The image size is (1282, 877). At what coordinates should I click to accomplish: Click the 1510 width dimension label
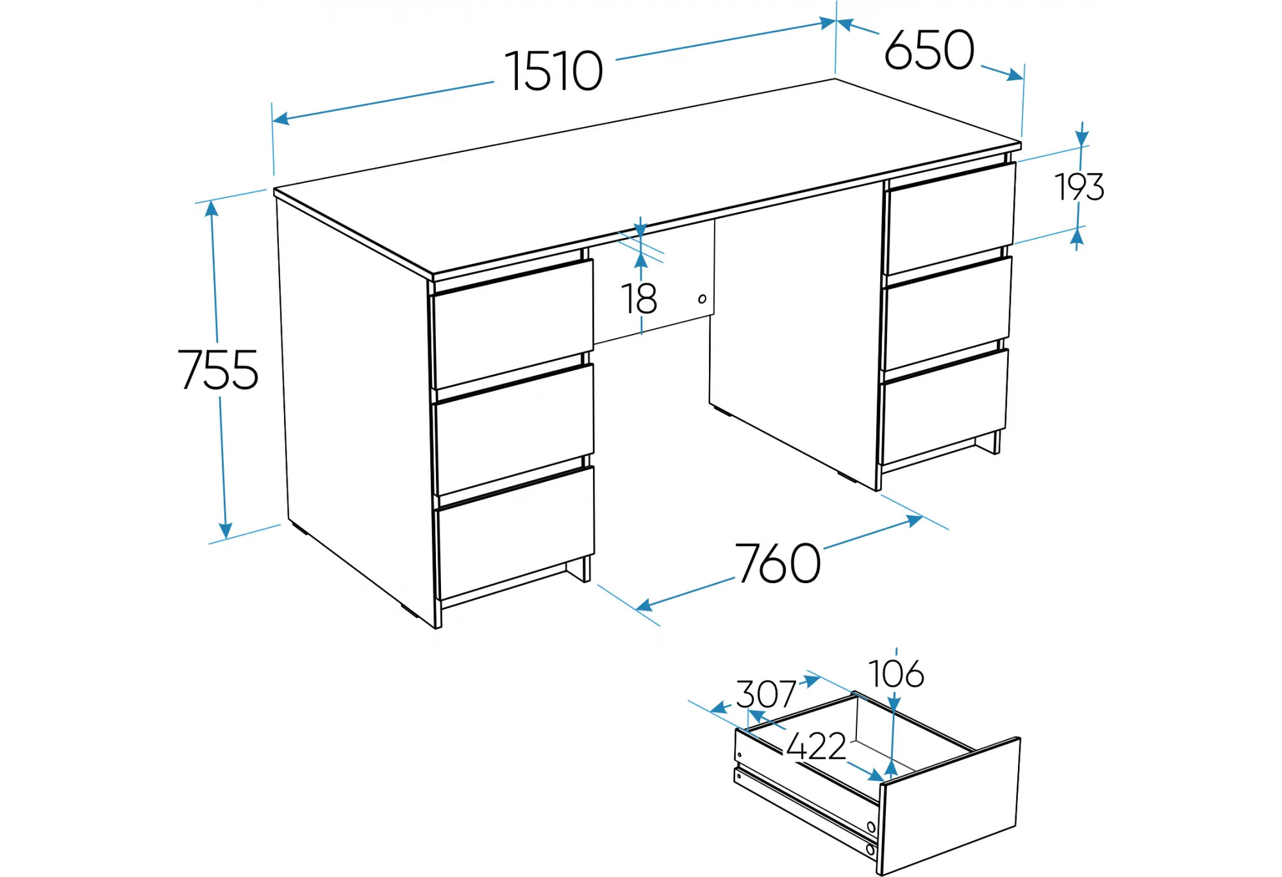coord(554,71)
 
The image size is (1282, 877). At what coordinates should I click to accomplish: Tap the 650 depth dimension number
coord(929,49)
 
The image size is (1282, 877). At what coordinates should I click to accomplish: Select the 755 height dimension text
coord(218,370)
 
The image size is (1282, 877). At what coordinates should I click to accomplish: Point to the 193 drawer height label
coord(1079,187)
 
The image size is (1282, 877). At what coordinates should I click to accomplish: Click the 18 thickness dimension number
coord(639,298)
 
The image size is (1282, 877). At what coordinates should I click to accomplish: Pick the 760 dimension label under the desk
coord(778,563)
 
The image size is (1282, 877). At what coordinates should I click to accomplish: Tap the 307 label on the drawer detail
coord(766,694)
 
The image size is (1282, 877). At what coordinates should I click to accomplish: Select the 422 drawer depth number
coord(816,745)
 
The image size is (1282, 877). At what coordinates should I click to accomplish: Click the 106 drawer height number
coord(896,674)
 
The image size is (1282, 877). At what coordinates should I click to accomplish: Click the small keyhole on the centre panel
coord(702,299)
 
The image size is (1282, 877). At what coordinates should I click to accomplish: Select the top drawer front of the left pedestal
coord(513,324)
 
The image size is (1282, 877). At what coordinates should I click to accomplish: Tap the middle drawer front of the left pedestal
coord(515,429)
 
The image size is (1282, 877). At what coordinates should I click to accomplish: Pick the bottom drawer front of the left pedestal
coord(517,532)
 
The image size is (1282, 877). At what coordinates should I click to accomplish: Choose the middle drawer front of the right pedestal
coord(947,314)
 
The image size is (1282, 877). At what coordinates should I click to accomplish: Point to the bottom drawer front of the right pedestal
coord(944,407)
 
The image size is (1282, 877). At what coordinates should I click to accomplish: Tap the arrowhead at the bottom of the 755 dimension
coord(225,531)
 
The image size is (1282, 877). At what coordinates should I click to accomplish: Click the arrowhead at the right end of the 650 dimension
coord(1015,76)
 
